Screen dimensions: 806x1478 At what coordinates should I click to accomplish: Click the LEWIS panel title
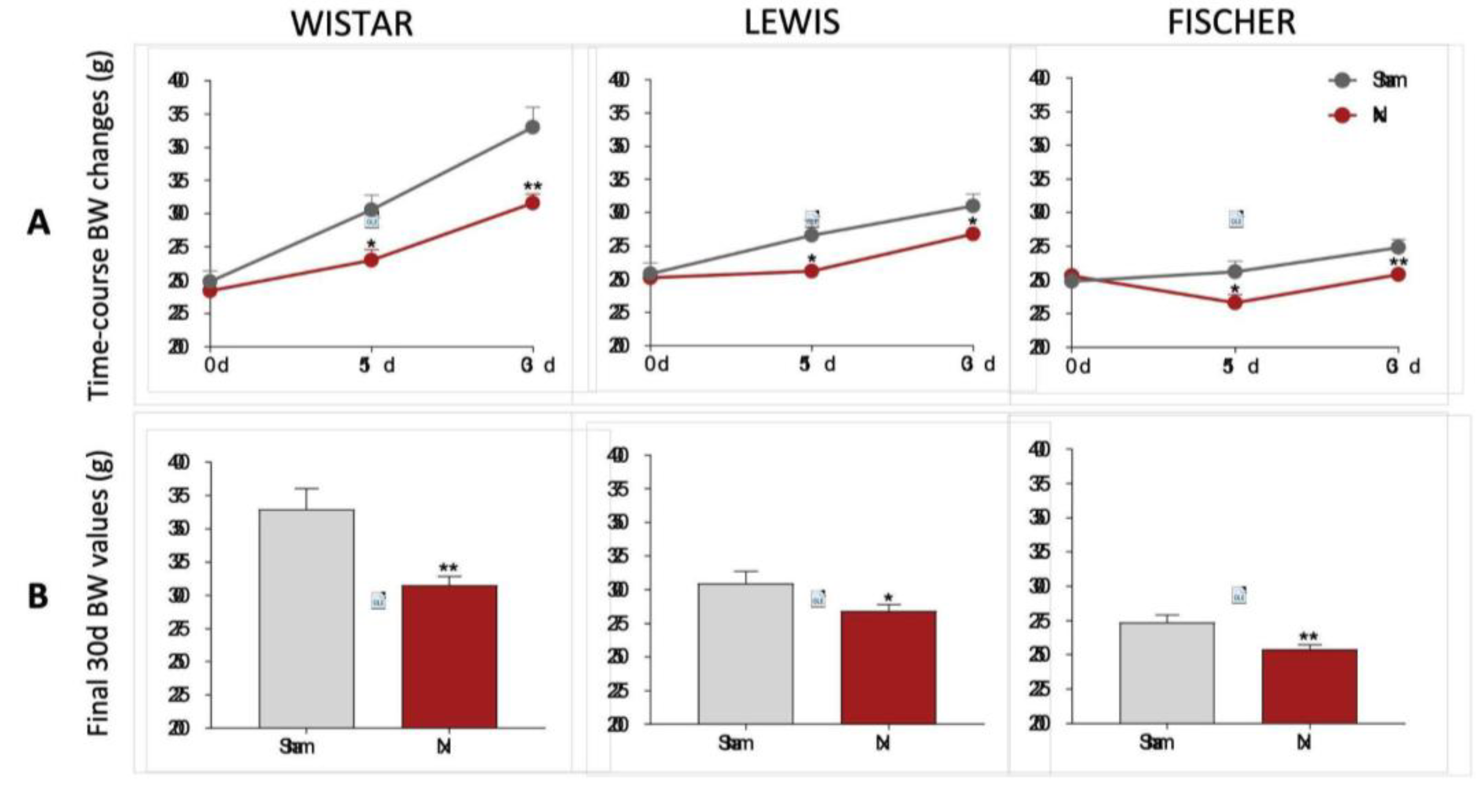[x=791, y=23]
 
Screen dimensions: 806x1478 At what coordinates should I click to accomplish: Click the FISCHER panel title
[x=1231, y=23]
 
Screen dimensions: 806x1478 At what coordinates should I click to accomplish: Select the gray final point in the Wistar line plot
[x=532, y=127]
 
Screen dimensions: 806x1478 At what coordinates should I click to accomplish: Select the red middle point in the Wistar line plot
[x=371, y=260]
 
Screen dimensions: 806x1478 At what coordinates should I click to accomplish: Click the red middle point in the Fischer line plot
[x=1235, y=302]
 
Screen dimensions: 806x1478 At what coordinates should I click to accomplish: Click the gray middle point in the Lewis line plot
[x=811, y=235]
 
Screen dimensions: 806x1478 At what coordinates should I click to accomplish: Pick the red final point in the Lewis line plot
[x=973, y=233]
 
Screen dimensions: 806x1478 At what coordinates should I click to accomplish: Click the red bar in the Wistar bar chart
[x=449, y=656]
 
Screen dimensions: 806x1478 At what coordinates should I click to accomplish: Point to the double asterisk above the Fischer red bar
[x=1309, y=637]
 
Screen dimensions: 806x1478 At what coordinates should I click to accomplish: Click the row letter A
[x=38, y=222]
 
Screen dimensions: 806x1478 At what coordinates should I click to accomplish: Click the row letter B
[x=38, y=596]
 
